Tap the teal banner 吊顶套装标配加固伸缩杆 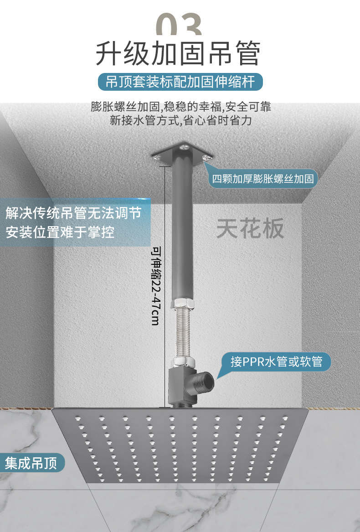point(181,83)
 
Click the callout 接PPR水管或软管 point(276,362)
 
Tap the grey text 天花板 point(250,228)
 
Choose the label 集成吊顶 point(31,464)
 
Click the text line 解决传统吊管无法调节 point(73,213)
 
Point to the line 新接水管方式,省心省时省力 point(180,121)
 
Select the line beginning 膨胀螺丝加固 point(180,107)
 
